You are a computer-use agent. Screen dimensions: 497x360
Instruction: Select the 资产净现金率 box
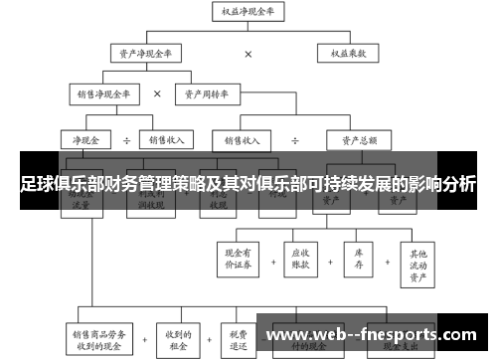[145, 54]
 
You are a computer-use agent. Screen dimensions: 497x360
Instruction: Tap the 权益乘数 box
[349, 54]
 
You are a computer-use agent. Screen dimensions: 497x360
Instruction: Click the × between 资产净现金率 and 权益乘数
[248, 54]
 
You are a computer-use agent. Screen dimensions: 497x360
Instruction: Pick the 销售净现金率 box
[104, 94]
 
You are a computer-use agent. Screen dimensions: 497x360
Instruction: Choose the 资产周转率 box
[210, 94]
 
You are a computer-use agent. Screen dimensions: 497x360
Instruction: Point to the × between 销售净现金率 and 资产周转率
[157, 94]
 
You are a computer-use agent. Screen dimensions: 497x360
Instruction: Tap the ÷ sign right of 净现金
[127, 140]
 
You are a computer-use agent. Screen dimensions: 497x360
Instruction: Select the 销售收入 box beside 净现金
[166, 140]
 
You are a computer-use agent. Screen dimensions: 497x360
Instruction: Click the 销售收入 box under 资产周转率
[244, 140]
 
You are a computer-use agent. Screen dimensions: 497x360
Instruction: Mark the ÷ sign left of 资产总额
[296, 140]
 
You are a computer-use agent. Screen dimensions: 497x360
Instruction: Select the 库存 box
[358, 258]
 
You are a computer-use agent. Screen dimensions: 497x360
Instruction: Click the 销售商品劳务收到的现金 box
[98, 339]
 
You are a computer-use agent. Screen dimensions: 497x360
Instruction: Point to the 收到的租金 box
[179, 339]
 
